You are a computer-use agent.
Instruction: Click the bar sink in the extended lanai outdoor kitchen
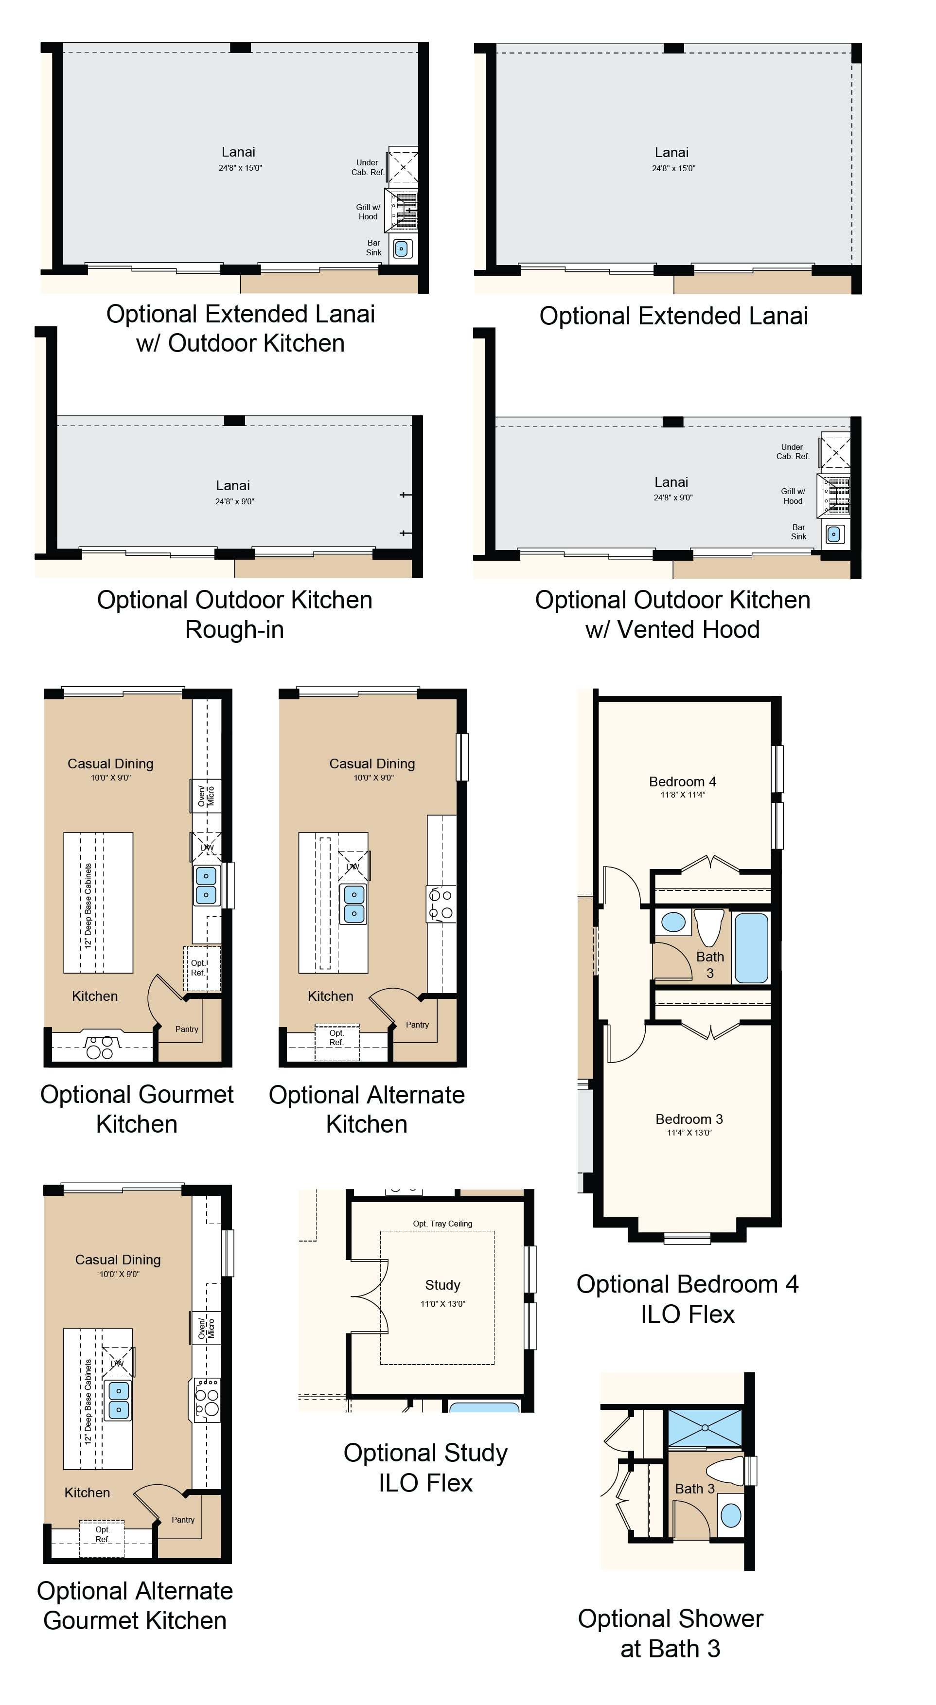point(401,249)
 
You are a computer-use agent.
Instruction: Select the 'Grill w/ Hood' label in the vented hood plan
point(793,496)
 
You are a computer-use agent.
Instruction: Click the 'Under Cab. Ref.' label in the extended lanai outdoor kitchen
point(368,167)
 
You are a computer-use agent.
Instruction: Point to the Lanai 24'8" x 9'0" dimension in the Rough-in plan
point(234,501)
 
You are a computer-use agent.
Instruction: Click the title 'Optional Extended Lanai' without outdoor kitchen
point(673,316)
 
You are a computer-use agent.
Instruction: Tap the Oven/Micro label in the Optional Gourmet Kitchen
point(206,796)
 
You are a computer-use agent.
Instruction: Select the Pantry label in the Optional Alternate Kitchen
point(417,1025)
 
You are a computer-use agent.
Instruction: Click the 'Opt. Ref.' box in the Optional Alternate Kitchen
point(337,1043)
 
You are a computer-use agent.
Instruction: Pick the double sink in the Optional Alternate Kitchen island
point(353,904)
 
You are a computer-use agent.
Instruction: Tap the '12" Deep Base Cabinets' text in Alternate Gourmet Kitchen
point(88,1402)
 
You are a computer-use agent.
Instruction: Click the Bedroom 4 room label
point(683,781)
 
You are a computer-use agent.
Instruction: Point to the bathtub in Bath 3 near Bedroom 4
point(751,948)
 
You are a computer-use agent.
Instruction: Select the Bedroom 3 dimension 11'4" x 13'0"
point(689,1133)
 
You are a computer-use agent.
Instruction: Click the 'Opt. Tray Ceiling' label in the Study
point(443,1224)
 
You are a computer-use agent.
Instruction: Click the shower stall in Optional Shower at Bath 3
point(705,1428)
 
